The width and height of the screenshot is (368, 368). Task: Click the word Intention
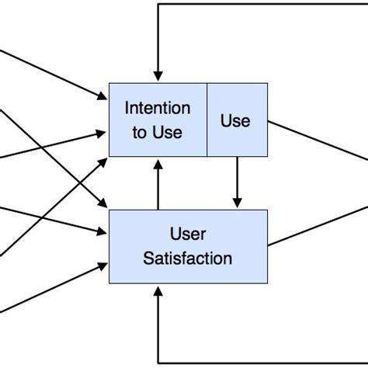pyautogui.click(x=158, y=108)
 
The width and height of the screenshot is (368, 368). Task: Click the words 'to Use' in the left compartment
pyautogui.click(x=158, y=132)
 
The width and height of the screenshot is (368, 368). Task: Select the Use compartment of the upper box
pyautogui.click(x=236, y=120)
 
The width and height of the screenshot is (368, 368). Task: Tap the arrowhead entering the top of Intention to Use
pyautogui.click(x=158, y=76)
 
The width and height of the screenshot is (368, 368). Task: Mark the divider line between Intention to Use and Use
pyautogui.click(x=207, y=120)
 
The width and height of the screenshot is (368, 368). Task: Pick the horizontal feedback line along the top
pyautogui.click(x=264, y=5)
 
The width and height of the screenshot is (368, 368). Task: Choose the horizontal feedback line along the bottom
pyautogui.click(x=264, y=363)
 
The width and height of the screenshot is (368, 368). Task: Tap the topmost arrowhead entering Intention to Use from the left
pyautogui.click(x=103, y=98)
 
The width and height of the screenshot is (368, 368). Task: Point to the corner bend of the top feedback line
pyautogui.click(x=158, y=5)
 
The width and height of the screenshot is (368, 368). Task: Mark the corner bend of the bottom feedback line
pyautogui.click(x=158, y=363)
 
